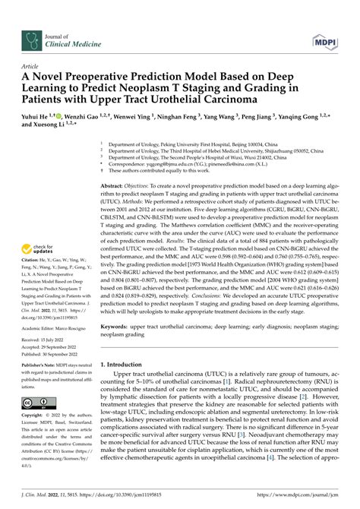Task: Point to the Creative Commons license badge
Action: [x=38, y=403]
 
